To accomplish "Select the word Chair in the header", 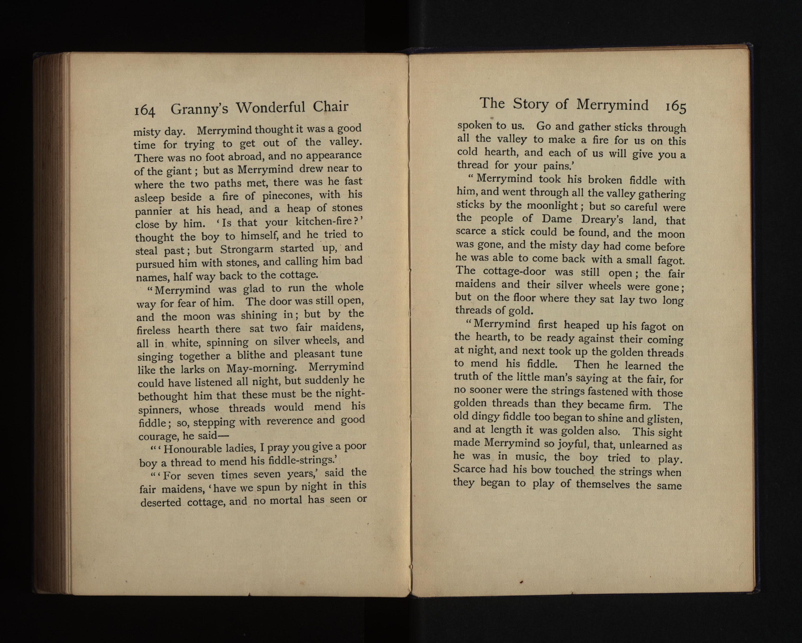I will [x=330, y=107].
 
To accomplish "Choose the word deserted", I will [x=161, y=502].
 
